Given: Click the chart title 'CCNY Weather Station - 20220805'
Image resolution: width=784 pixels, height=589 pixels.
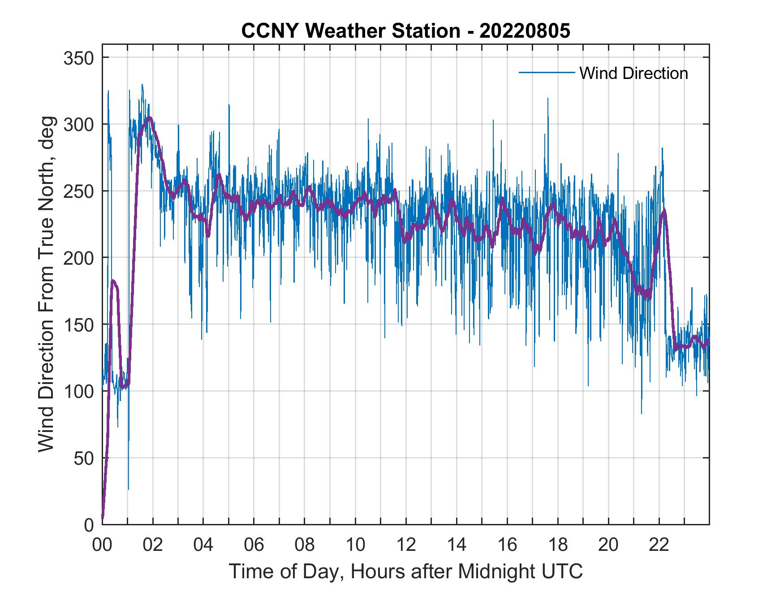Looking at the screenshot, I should point(405,31).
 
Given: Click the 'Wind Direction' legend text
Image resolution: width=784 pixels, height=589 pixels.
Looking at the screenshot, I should point(633,73).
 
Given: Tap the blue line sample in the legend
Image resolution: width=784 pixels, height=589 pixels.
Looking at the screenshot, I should point(546,73).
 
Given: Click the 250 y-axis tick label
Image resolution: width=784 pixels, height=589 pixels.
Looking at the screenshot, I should point(78,191).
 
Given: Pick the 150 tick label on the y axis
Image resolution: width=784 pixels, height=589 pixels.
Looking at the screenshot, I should point(78,324).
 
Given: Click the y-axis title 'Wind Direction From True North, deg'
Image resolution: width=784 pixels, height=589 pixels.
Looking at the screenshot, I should point(46,284).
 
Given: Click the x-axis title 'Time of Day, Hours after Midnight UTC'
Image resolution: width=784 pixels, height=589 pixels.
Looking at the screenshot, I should point(405,572).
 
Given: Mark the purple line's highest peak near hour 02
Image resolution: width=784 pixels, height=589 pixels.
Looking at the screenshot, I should point(150,118).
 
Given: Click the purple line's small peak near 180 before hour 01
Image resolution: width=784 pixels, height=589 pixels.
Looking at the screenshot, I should point(113,281).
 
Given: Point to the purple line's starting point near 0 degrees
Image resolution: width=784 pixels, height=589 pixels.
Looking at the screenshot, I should point(103,518).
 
